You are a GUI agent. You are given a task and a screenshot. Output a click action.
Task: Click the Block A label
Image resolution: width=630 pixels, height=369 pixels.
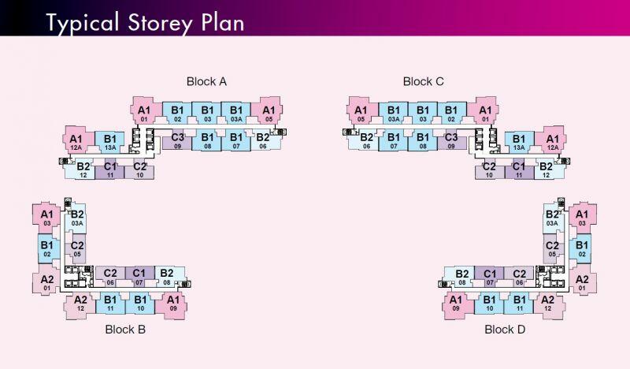click(206, 81)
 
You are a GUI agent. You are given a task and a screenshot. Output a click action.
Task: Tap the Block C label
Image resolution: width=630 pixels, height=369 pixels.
click(424, 81)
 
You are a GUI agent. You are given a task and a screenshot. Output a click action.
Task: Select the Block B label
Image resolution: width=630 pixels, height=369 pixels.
click(125, 330)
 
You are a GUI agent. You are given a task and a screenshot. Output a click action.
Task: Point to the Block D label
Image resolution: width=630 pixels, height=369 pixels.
click(505, 330)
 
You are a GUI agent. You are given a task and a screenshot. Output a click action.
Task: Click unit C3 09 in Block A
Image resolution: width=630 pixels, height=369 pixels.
click(178, 141)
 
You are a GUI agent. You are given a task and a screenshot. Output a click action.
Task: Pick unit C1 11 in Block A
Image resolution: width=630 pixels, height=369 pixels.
click(110, 169)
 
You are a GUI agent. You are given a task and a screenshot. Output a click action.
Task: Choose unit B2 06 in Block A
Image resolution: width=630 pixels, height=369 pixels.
click(263, 141)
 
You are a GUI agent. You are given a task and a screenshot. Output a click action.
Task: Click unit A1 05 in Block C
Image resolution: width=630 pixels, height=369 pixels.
click(361, 114)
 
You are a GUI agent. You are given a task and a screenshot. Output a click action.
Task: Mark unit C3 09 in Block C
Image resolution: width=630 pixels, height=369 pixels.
click(451, 141)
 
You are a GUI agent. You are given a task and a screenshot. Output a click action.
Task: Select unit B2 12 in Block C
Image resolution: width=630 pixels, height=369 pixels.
click(545, 169)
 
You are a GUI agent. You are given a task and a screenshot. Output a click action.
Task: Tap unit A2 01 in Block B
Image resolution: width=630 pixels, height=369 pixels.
click(46, 281)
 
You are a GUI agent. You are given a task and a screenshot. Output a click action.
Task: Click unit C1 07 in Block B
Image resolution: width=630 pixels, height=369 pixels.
click(139, 277)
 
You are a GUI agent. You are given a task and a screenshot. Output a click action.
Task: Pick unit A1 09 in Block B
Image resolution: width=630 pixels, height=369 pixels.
click(173, 303)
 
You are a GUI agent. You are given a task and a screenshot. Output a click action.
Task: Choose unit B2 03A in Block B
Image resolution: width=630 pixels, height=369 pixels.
click(77, 218)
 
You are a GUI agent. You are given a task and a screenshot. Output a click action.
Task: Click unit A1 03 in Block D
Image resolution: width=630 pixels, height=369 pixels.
click(582, 218)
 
